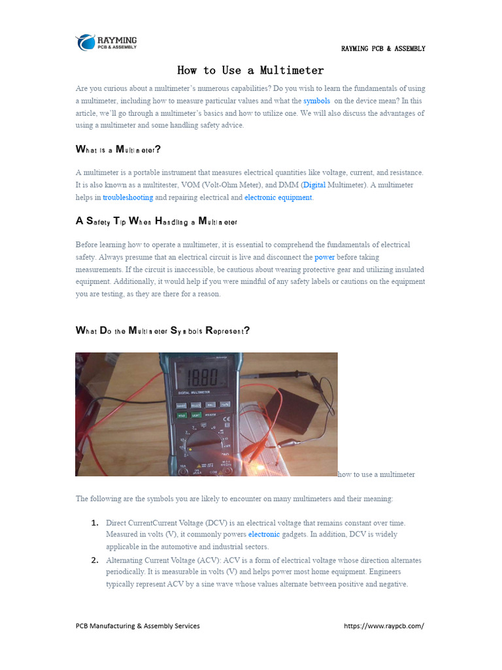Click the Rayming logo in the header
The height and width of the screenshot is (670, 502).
(106, 42)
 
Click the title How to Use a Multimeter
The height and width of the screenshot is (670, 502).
(250, 70)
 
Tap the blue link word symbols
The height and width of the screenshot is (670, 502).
(316, 101)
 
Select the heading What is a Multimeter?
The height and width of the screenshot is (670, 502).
(118, 149)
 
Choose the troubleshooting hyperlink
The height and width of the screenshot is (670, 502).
(128, 197)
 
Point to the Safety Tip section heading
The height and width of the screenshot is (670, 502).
(156, 221)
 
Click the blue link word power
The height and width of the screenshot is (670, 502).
(324, 257)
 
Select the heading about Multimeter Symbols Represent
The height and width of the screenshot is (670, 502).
(163, 330)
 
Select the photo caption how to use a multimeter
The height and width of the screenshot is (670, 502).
(376, 474)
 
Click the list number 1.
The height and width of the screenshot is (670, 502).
(95, 523)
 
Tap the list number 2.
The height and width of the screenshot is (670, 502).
(95, 560)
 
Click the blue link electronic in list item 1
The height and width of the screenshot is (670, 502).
(264, 535)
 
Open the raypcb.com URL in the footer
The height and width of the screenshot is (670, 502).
(384, 626)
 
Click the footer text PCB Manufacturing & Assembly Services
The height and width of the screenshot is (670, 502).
(138, 626)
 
